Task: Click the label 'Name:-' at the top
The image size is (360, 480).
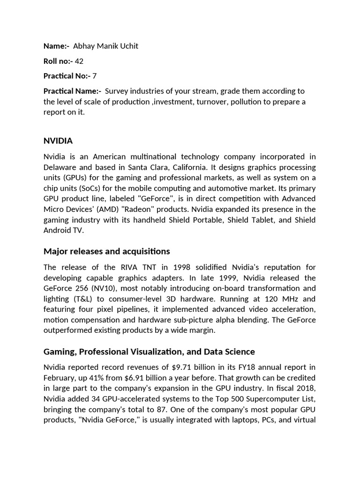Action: point(56,46)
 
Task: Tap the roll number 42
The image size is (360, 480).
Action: point(79,61)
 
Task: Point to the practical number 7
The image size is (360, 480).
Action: point(95,75)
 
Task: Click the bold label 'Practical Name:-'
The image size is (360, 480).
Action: point(72,91)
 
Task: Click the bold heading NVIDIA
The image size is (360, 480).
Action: point(58,141)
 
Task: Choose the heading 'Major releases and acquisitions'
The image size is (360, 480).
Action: point(107,251)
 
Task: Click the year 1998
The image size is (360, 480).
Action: point(182,267)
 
